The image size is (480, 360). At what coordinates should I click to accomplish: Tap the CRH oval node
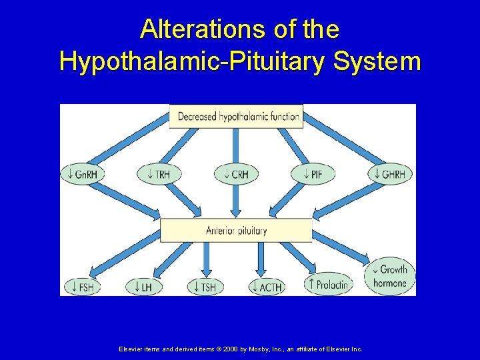coord(236,175)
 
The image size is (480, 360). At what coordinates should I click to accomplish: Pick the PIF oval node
coord(313,175)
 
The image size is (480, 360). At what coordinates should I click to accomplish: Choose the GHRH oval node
coord(391,175)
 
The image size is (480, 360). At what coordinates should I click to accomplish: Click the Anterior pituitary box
coord(236,231)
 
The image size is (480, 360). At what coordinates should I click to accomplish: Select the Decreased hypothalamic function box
coord(237,116)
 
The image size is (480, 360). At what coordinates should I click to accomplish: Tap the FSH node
coord(82,287)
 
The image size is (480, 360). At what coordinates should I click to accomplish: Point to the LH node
coord(143,287)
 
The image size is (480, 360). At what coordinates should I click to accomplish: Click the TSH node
coord(204,287)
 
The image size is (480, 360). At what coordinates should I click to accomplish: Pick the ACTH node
coord(266,287)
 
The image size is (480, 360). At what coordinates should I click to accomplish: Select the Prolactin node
coord(327,285)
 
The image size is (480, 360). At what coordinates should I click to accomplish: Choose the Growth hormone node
coord(390,276)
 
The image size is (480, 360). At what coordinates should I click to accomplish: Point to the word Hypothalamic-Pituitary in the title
coord(193,61)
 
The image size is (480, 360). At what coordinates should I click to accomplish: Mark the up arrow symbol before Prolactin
coord(310,285)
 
